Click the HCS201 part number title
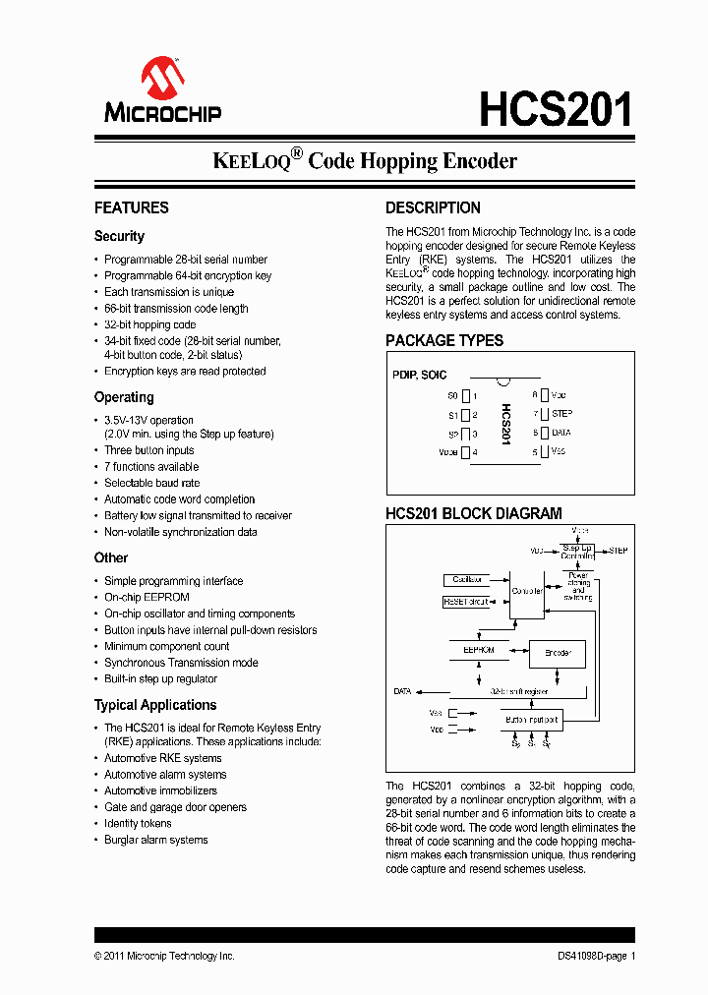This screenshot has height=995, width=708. (556, 109)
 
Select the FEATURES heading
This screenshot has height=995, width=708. (131, 207)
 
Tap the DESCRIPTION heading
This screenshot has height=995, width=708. (433, 207)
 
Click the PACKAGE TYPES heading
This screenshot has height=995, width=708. (443, 340)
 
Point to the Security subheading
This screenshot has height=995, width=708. (119, 236)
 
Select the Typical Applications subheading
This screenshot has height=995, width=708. (154, 705)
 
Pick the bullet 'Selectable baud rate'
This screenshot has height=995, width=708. (151, 483)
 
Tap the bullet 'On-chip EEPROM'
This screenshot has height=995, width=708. (147, 597)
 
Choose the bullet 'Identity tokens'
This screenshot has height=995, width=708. (138, 823)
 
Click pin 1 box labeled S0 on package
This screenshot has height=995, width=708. (467, 395)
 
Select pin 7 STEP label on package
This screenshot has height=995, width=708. (561, 414)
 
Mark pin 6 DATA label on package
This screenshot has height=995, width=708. (561, 433)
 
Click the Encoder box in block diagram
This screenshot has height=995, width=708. (558, 653)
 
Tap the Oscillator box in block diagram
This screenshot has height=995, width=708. (468, 581)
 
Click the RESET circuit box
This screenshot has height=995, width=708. (467, 601)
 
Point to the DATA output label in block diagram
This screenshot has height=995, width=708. (402, 691)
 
